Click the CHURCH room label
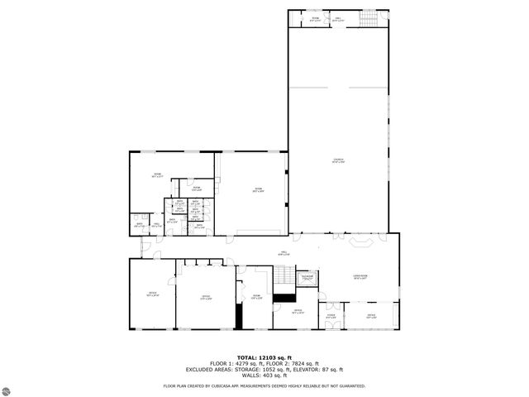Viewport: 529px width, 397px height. [337, 160]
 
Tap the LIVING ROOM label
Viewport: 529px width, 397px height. [360, 278]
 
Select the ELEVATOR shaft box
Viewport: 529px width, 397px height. [307, 278]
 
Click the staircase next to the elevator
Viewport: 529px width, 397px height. [284, 276]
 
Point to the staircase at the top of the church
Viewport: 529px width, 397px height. [366, 19]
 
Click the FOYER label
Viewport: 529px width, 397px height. [331, 316]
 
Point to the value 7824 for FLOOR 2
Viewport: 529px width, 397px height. [300, 363]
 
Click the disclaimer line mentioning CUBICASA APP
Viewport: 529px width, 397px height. [264, 385]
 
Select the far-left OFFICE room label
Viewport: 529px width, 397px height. [152, 294]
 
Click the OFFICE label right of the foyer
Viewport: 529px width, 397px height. [371, 316]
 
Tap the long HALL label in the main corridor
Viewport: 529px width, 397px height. [261, 254]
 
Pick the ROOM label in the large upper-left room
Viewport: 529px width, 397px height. [156, 175]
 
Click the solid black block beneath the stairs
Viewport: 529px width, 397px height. [285, 297]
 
